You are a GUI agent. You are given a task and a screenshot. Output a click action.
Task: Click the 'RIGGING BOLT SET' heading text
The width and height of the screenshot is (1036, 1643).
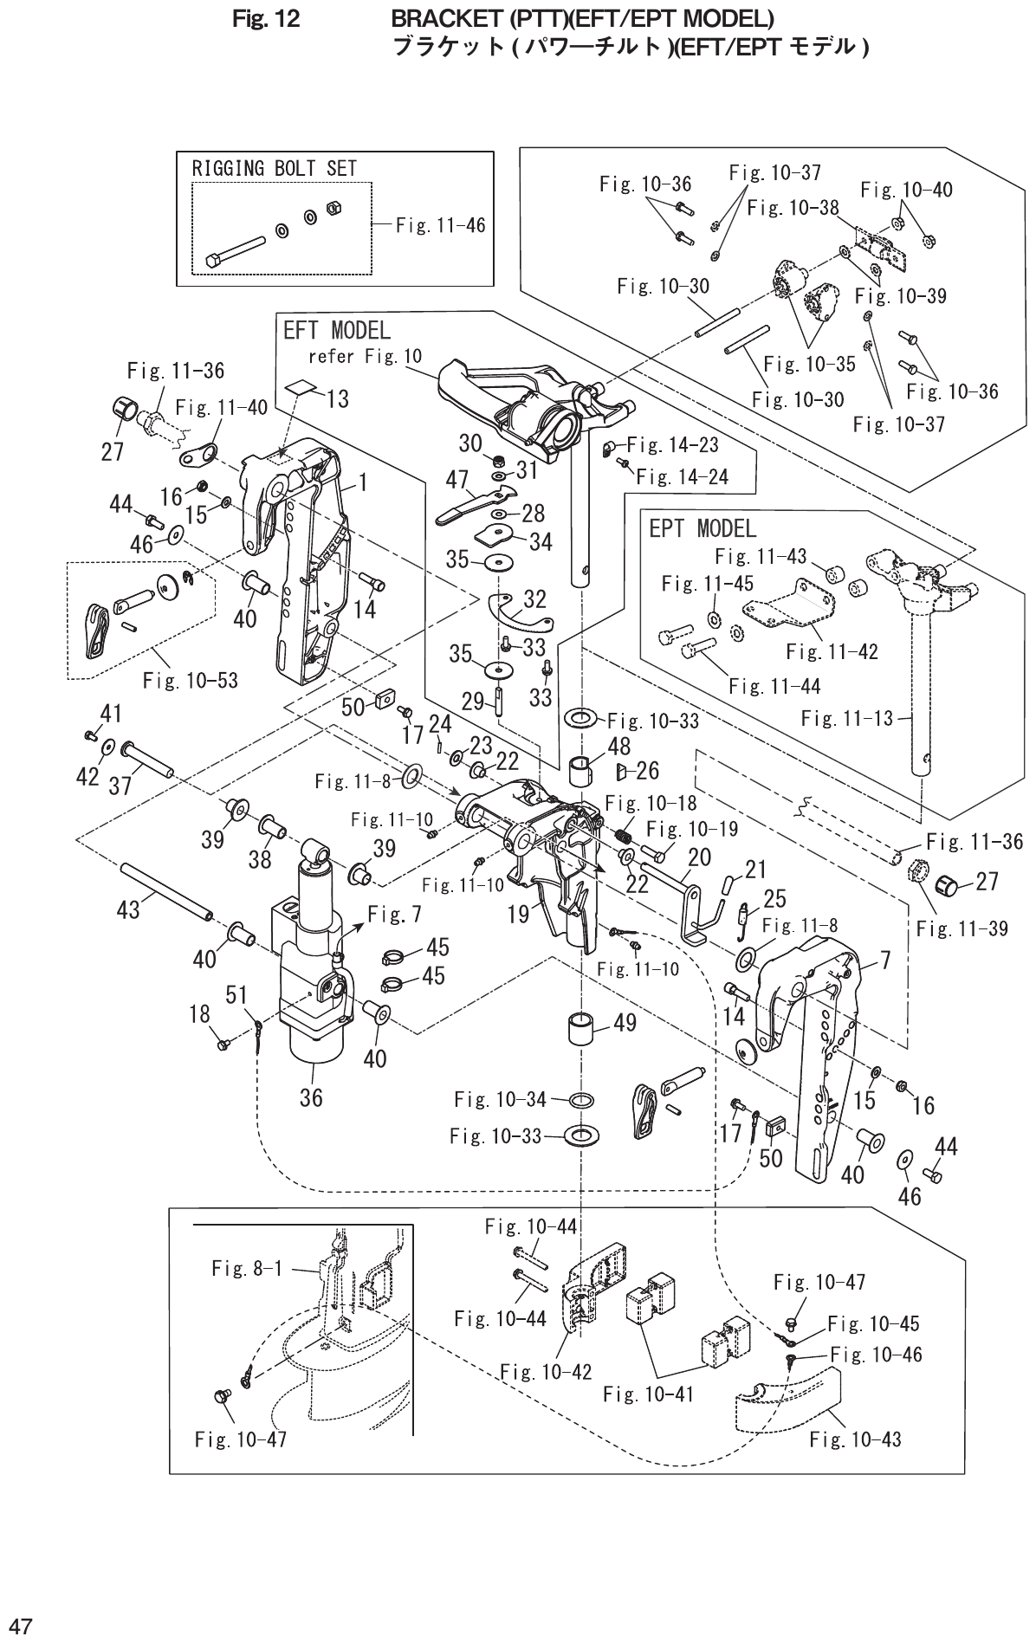[x=274, y=168]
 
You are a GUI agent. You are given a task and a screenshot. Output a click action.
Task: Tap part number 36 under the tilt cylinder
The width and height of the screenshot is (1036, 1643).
[x=311, y=1097]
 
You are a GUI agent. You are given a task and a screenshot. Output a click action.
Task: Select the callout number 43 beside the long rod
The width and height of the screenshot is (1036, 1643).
[x=128, y=909]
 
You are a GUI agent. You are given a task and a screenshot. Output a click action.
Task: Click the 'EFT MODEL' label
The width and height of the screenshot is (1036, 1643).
[x=337, y=330]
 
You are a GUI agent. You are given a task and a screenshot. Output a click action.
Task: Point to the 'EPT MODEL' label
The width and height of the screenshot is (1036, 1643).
[x=703, y=527]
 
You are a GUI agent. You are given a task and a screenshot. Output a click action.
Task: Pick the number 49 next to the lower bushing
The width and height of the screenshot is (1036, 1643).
[x=625, y=1023]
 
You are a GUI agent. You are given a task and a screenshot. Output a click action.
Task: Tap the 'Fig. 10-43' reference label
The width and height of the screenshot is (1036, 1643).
[x=855, y=1439]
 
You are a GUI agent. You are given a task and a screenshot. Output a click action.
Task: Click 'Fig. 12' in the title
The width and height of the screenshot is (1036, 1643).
[x=267, y=18]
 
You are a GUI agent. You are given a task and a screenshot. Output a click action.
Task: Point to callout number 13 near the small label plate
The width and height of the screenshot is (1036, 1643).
[x=337, y=399]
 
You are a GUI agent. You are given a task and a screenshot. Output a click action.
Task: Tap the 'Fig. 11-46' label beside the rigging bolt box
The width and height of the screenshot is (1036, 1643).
[x=440, y=225]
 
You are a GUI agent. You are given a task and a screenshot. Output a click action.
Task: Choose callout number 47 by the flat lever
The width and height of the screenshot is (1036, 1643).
[x=457, y=479]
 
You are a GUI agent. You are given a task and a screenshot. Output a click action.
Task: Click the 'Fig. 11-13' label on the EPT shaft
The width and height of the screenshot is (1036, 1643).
[x=846, y=717]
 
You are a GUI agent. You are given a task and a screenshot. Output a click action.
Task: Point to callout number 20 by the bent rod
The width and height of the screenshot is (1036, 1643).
[x=699, y=857]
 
